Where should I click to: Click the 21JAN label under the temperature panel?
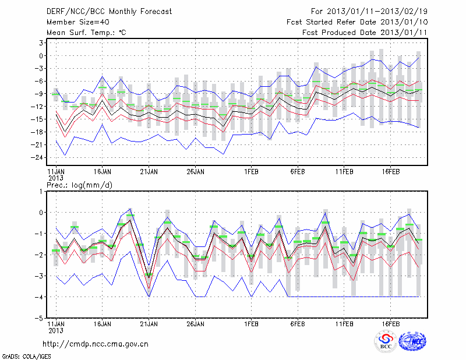pos(149,172)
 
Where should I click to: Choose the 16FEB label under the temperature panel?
pos(391,172)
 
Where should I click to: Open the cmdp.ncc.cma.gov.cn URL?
pos(96,344)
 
